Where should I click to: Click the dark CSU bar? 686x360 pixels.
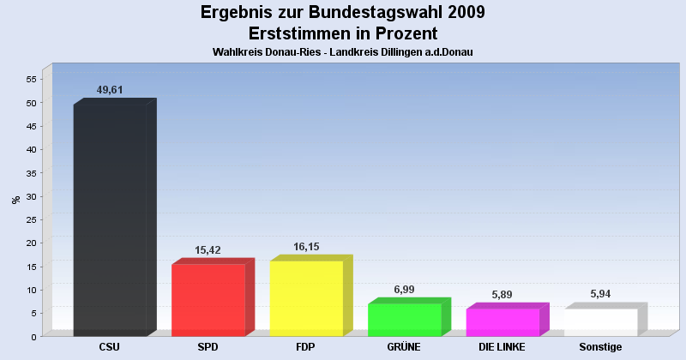click(110, 219)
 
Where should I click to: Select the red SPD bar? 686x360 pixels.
click(208, 300)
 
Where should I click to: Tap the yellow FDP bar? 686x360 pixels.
click(306, 298)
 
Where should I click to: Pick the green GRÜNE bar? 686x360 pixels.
click(404, 320)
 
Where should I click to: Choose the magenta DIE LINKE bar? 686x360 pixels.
click(502, 322)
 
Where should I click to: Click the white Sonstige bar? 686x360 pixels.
click(600, 322)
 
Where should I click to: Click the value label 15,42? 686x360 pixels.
click(209, 249)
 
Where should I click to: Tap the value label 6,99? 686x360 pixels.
click(405, 289)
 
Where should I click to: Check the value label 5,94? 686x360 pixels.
click(601, 294)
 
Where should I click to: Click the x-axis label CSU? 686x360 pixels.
click(110, 347)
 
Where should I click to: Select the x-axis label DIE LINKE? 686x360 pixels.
click(502, 347)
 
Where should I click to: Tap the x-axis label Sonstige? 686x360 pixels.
click(600, 347)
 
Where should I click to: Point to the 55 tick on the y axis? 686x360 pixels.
click(31, 80)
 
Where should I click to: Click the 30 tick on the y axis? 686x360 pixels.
click(31, 196)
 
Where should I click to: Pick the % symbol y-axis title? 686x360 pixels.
click(15, 200)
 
